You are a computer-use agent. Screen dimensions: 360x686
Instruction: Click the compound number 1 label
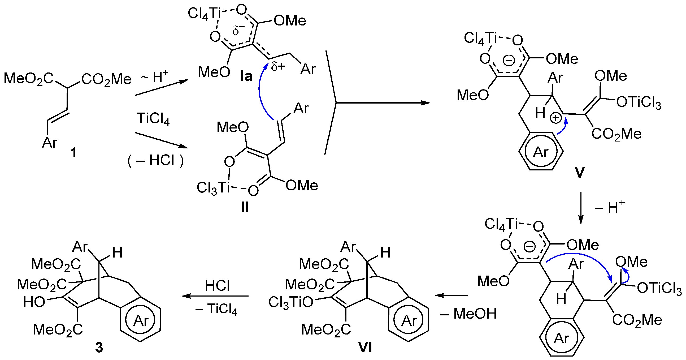(73, 153)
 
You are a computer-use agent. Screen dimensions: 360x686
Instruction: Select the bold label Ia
(246, 76)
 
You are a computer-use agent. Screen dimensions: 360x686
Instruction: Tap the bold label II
(245, 207)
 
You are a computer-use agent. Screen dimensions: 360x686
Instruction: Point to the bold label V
(579, 173)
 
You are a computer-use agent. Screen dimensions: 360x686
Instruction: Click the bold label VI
(365, 348)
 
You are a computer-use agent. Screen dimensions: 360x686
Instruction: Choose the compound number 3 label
(99, 348)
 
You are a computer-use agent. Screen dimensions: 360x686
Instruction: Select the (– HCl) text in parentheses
(156, 160)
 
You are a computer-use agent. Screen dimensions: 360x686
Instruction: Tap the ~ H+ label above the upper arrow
(155, 77)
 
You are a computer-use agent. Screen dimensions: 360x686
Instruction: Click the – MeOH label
(469, 313)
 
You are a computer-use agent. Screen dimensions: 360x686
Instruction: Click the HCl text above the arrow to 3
(217, 286)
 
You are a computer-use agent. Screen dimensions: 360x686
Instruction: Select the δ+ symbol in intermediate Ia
(278, 67)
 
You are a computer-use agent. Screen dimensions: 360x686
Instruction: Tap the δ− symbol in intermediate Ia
(238, 31)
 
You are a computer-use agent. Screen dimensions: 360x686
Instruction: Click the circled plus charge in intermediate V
(556, 118)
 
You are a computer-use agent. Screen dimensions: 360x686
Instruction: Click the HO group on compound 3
(34, 302)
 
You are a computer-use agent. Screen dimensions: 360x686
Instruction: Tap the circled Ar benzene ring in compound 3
(140, 320)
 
